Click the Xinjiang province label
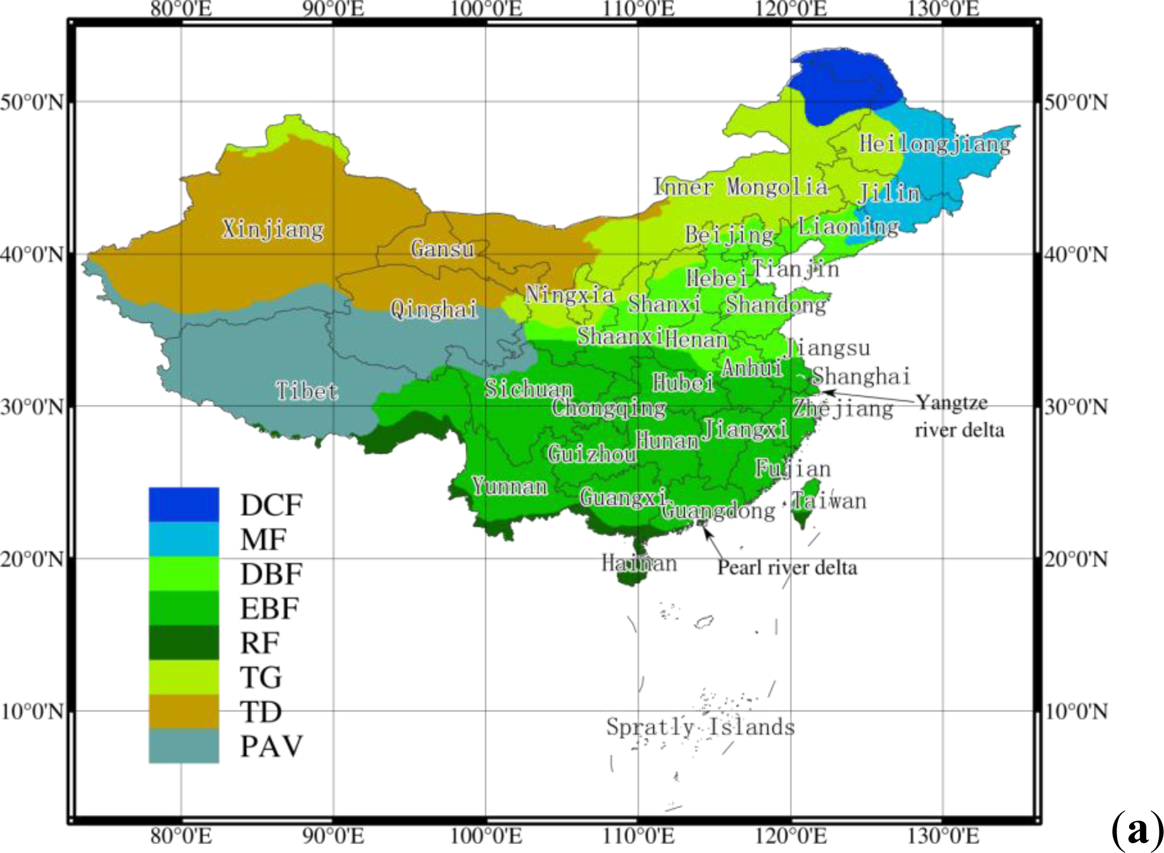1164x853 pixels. point(273,229)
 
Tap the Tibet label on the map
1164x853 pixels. point(307,391)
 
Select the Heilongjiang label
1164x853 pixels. point(934,144)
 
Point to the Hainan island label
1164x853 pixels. point(639,563)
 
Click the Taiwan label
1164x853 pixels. point(829,501)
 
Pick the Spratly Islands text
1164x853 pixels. point(700,727)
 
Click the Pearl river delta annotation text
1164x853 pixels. point(787,567)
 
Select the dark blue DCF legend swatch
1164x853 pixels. point(184,505)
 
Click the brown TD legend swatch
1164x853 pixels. point(184,711)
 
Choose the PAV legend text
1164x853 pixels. point(271,746)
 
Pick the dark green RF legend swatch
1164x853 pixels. point(184,642)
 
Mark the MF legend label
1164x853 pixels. point(263,540)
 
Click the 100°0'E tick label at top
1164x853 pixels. point(486,9)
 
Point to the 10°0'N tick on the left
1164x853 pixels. point(32,711)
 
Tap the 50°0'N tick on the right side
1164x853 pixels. point(1075,103)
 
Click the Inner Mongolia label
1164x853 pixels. point(740,187)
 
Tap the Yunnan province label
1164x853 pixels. point(509,486)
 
